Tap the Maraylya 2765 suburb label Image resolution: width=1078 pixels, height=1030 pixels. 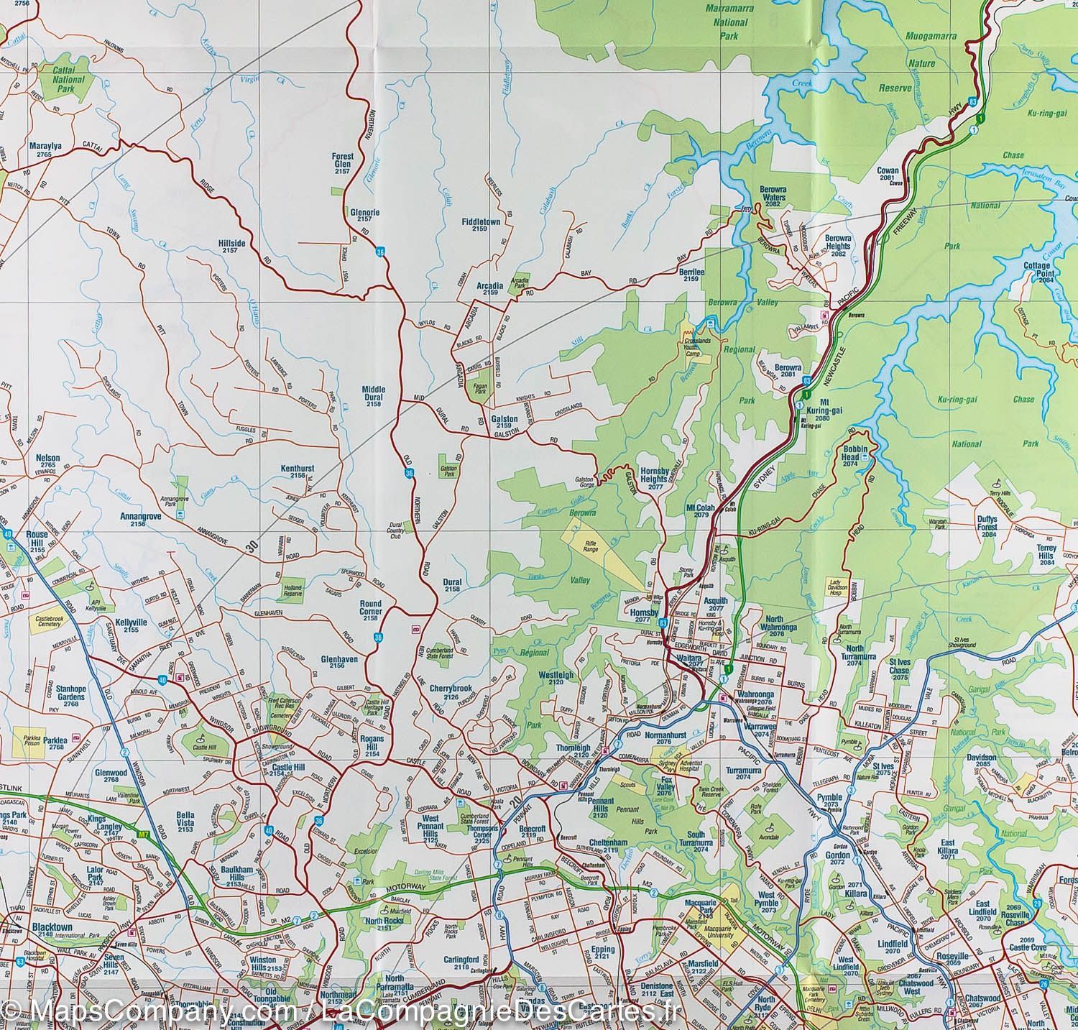45,150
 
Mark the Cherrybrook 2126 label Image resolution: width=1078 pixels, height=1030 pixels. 449,692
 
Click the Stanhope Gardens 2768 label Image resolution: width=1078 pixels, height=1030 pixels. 71,698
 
